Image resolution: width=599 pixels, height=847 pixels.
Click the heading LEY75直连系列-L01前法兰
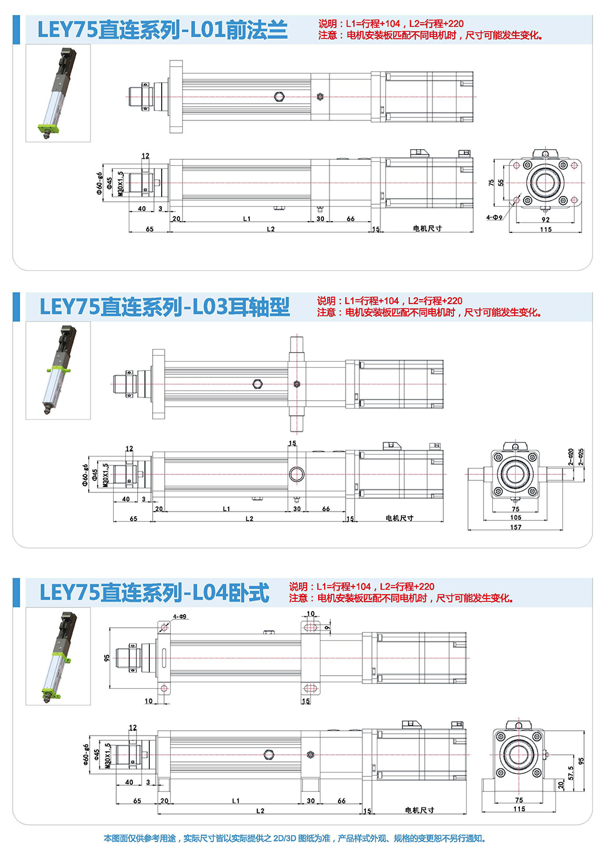pos(162,30)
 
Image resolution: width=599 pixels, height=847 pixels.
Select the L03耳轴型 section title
pos(165,307)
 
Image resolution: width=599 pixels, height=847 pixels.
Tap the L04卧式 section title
pos(155,592)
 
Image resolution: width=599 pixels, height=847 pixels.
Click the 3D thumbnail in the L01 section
pos(58,93)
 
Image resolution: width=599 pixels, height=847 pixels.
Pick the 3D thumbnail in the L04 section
pos(58,656)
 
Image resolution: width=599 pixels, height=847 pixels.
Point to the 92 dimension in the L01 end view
pos(545,219)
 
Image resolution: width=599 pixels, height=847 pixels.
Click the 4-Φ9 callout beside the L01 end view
pos(494,217)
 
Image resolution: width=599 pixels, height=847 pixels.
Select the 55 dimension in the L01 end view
pos(501,183)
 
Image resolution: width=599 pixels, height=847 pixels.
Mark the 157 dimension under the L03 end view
pos(515,527)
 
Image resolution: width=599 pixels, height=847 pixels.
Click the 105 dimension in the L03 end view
pos(515,518)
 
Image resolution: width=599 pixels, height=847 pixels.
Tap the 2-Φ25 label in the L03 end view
pos(581,457)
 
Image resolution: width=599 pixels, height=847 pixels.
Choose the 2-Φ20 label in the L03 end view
pos(571,457)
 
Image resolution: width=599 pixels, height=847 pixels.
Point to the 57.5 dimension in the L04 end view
pos(571,773)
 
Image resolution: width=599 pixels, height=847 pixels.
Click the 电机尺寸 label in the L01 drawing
pos(427,228)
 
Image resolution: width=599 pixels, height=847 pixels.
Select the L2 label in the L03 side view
pos(249,518)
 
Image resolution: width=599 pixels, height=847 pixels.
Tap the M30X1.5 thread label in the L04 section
pos(108,756)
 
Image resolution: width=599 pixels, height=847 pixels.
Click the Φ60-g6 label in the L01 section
pos(99,183)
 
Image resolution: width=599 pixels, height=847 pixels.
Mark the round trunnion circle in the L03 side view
pos(297,474)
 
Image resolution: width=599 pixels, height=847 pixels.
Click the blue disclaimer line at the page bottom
pos(295,838)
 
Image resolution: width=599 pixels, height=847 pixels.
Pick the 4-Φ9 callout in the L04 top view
pos(180,617)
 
